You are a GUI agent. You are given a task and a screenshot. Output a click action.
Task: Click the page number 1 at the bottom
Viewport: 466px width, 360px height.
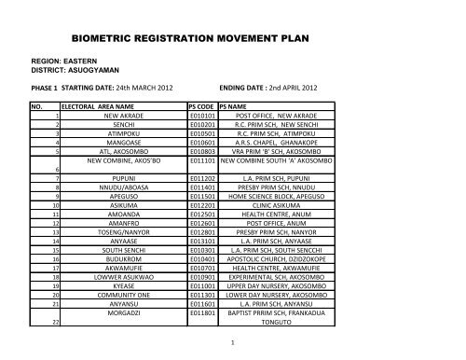[x=241, y=343]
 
